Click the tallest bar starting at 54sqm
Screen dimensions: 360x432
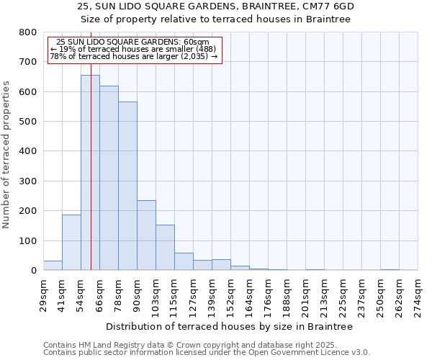[90, 173]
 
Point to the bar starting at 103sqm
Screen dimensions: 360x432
[165, 248]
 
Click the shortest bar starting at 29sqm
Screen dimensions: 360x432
[53, 266]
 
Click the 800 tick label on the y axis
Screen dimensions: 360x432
[28, 32]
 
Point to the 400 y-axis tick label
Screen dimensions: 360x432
[28, 151]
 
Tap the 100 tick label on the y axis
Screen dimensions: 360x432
[28, 240]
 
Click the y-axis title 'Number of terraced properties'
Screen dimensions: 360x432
[6, 154]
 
